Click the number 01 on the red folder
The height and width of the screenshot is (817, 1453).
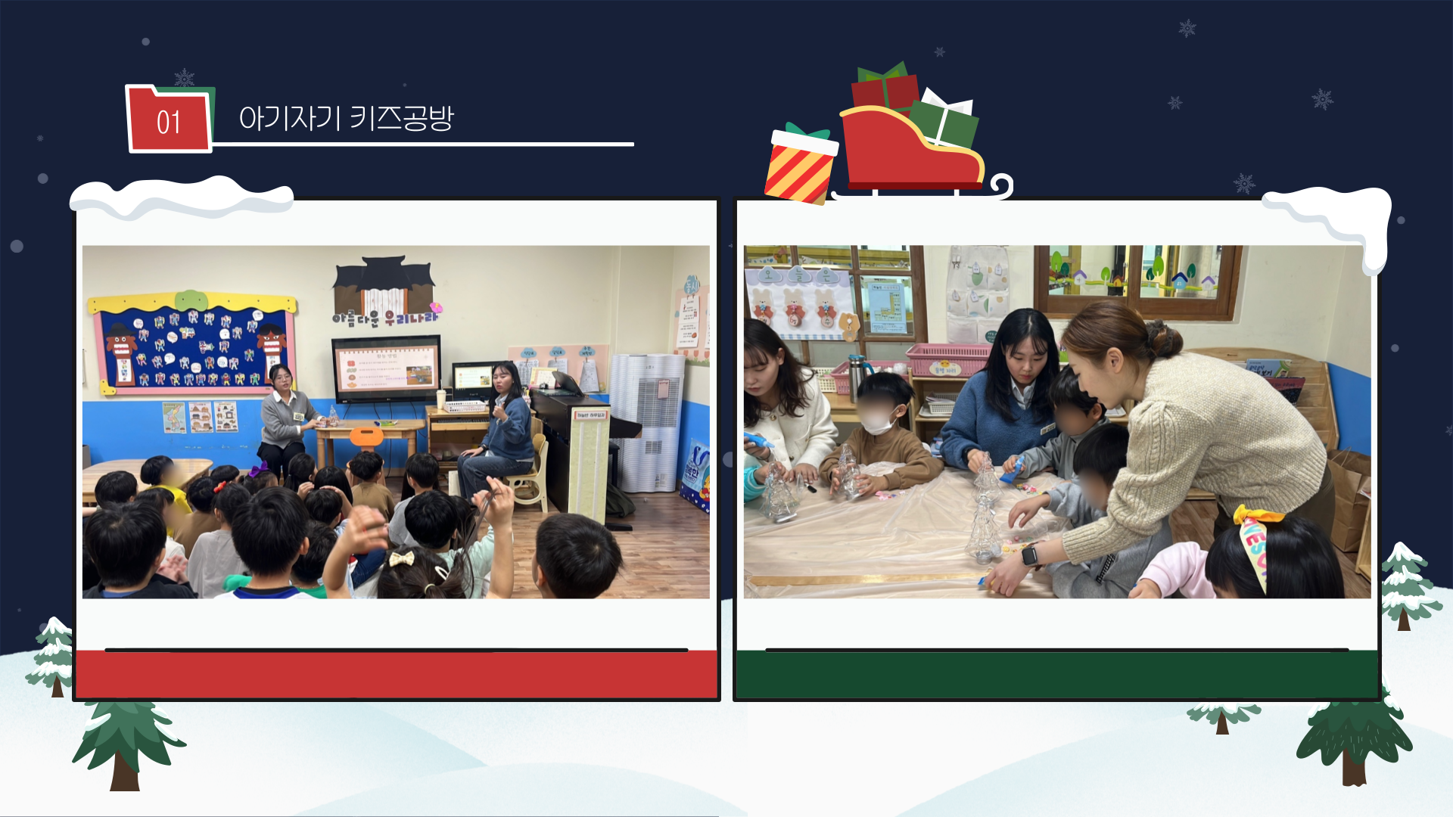coord(168,123)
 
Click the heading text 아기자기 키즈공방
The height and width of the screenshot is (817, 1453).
coord(346,118)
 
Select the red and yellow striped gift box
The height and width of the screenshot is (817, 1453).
coord(799,168)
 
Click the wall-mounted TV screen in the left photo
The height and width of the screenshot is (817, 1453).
coord(386,368)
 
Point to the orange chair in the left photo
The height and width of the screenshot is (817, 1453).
coord(366,436)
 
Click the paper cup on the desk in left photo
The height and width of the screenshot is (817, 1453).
coord(441,398)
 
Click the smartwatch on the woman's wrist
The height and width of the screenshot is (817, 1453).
coord(1029,556)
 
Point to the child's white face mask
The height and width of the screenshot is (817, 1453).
coord(879,423)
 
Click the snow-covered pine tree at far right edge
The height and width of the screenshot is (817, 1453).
coord(1406,586)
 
